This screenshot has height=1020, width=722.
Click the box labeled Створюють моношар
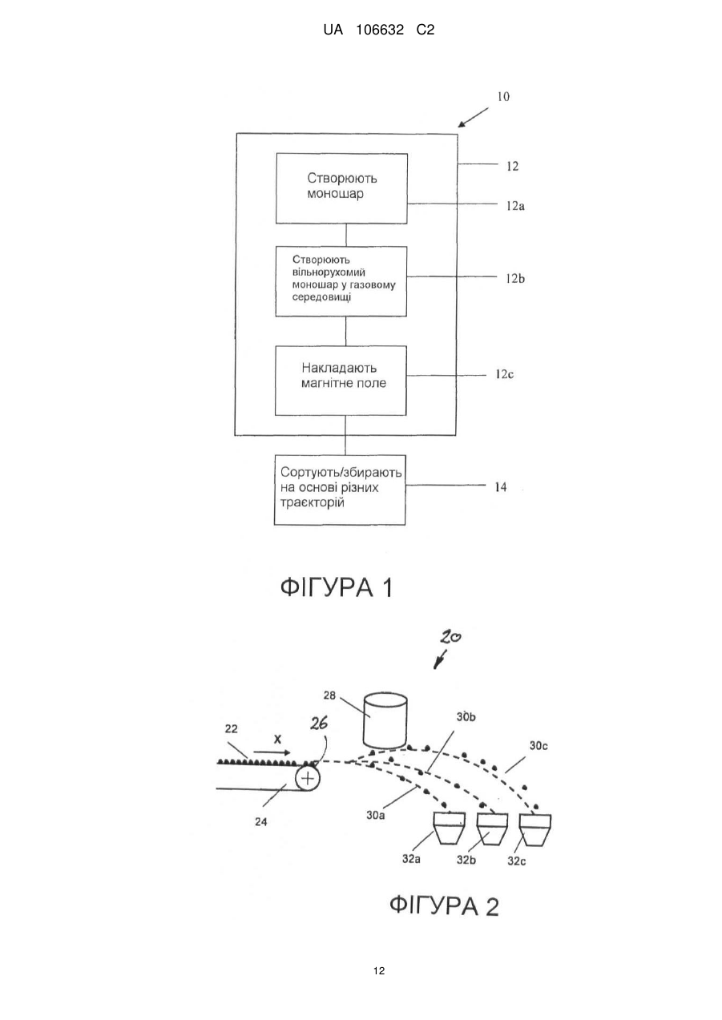[341, 188]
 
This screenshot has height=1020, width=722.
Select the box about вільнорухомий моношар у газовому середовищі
[341, 281]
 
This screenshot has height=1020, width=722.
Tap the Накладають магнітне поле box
[341, 381]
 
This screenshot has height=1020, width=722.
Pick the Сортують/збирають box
[340, 490]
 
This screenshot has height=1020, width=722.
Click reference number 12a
[515, 206]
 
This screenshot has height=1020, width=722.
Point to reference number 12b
[515, 278]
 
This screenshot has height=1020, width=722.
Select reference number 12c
[504, 374]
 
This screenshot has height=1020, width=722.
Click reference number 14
[501, 487]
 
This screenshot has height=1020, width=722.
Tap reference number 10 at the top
[503, 96]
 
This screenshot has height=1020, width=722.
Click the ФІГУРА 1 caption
[337, 587]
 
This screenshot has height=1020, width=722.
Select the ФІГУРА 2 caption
[444, 905]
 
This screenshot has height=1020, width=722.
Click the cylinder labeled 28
[385, 721]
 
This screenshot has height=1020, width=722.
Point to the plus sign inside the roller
[308, 778]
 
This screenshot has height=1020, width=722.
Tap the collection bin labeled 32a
[449, 829]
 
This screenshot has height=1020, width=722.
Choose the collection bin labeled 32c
[535, 830]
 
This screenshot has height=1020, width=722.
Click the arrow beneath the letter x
[272, 752]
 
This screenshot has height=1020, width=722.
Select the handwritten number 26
[319, 723]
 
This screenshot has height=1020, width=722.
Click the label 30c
[538, 746]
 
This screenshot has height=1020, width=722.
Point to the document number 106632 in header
[380, 30]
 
